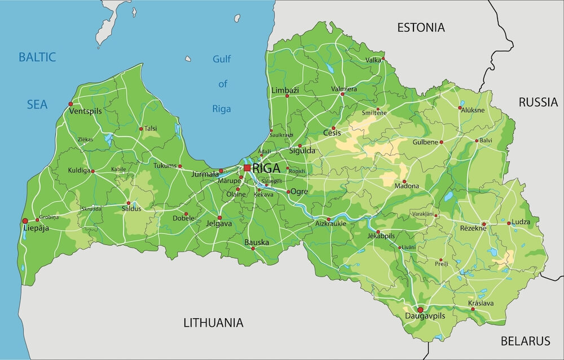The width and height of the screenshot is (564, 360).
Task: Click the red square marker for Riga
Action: pos(247,168)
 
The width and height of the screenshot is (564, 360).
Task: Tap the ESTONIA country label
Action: pos(421,27)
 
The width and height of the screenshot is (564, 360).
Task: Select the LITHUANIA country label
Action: pos(213,323)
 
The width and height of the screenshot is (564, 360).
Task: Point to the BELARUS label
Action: pos(525,341)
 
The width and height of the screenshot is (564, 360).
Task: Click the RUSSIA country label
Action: pos(538,102)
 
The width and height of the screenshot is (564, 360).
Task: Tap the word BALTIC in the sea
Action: pos(37,57)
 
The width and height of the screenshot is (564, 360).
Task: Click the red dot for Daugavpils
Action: pos(420,310)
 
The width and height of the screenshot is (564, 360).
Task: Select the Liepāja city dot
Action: pos(25,221)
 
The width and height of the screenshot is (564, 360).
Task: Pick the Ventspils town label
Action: pos(85,112)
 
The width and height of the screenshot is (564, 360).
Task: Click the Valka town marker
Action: pos(383,59)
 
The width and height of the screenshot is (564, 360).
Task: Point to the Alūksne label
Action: pos(473,111)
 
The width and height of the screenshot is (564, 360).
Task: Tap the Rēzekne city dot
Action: pos(484,224)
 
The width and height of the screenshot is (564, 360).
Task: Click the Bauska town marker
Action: pos(253,248)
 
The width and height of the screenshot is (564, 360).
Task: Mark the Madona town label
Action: pos(407,186)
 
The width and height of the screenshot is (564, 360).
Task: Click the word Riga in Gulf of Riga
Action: pos(222,109)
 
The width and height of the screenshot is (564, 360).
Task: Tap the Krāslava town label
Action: pos(481,304)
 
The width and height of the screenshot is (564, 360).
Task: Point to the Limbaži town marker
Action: pos(287,96)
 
